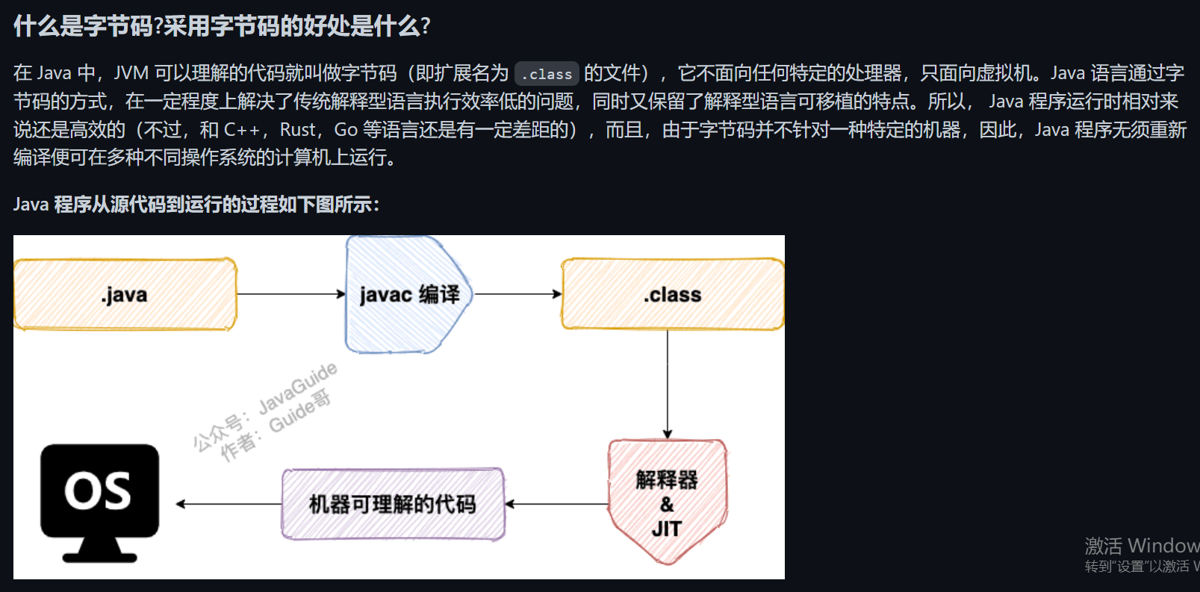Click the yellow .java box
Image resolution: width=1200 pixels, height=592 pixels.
(125, 294)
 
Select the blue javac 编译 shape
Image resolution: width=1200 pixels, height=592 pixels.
(408, 295)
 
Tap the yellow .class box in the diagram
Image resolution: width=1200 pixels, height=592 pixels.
(672, 294)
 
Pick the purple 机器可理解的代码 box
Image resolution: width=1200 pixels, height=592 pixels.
(393, 504)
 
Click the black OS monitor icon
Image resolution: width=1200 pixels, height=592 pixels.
(99, 500)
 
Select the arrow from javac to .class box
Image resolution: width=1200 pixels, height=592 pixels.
(517, 294)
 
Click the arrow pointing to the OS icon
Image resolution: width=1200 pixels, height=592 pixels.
(229, 504)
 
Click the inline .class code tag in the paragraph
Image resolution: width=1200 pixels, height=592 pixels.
(547, 74)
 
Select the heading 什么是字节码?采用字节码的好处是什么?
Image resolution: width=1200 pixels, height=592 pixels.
(222, 26)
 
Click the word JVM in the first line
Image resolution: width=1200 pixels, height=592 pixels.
(131, 73)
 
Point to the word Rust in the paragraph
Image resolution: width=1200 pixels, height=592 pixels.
(298, 130)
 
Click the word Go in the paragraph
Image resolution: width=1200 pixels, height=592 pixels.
(346, 130)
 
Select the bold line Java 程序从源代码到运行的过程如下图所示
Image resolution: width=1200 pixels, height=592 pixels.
(196, 205)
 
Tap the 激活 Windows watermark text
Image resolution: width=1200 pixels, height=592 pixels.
(1141, 546)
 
